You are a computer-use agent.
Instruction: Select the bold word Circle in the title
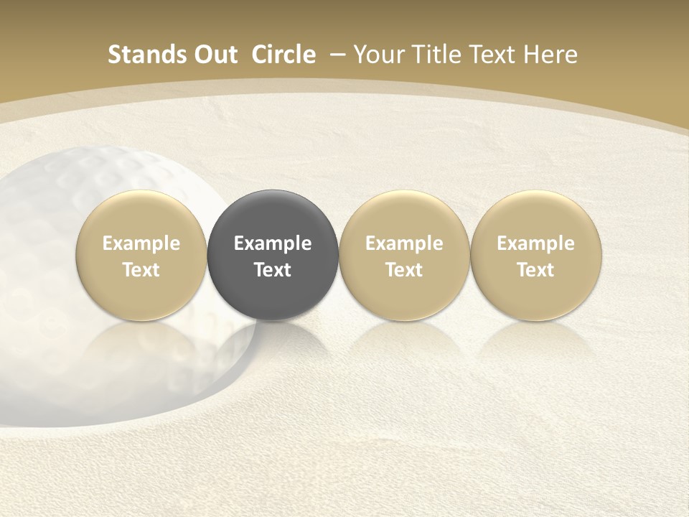coord(283,55)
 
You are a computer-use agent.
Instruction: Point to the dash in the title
coord(334,55)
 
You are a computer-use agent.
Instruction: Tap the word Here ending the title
coord(551,55)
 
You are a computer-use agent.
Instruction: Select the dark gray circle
coord(273,215)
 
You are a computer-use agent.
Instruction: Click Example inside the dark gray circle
coord(273,243)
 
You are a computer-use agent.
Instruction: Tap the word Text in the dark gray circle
coord(273,270)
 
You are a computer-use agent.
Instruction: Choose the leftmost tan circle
coord(141,215)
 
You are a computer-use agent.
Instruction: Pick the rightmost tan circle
coord(536,215)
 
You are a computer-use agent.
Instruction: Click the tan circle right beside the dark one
coord(404,215)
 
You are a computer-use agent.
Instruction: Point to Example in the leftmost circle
coord(141,243)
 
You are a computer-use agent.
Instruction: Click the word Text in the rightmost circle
coord(536,270)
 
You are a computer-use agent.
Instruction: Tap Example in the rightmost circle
coord(536,243)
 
